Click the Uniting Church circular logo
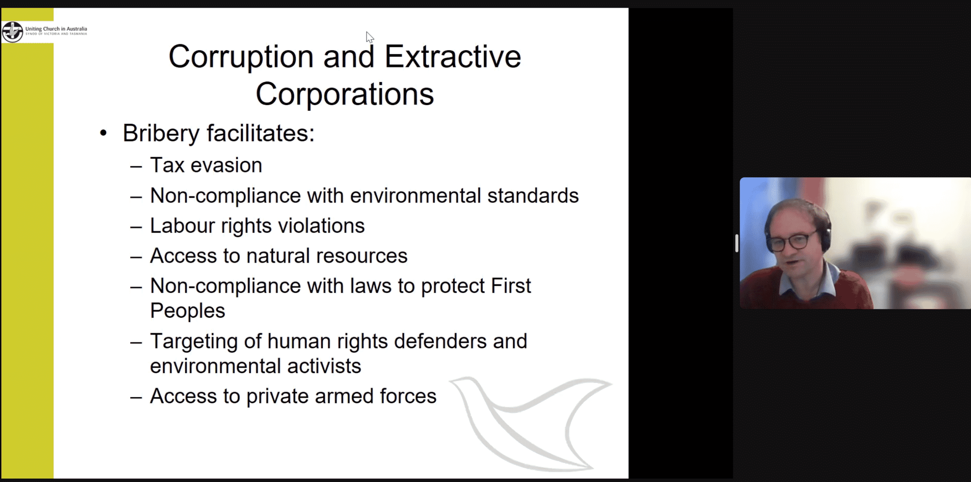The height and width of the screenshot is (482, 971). point(13,32)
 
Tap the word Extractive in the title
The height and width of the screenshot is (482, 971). point(453,57)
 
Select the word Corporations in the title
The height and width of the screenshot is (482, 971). point(345,94)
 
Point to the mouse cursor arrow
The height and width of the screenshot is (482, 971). point(369,37)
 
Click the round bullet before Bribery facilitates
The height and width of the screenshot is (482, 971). point(103,133)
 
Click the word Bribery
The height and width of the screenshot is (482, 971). point(161,134)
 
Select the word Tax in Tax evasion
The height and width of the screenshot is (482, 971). point(167,165)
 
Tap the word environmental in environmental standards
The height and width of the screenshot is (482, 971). point(416,196)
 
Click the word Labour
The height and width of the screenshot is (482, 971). point(183,226)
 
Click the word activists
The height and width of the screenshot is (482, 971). point(324,366)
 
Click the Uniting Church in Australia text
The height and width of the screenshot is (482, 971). point(56,29)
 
